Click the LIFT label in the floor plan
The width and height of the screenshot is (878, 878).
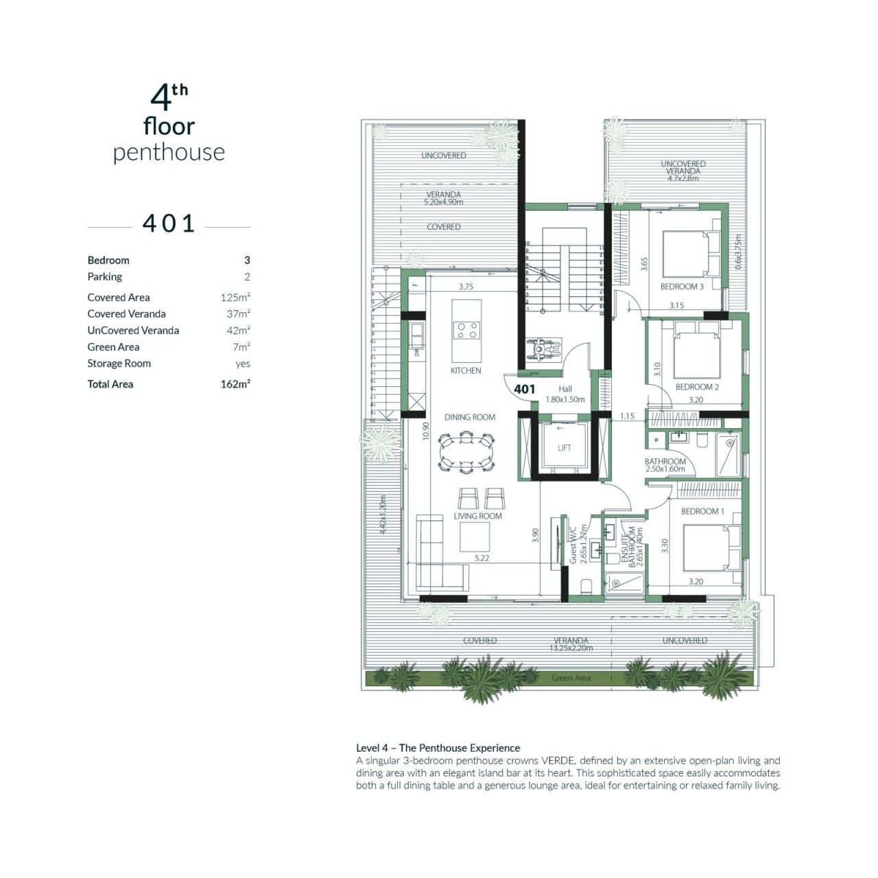pyautogui.click(x=564, y=448)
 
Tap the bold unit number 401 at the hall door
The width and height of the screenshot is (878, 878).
pyautogui.click(x=525, y=389)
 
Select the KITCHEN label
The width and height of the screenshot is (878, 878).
pyautogui.click(x=466, y=370)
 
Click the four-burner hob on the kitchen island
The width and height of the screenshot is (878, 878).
pyautogui.click(x=466, y=331)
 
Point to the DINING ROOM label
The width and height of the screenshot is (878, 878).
pyautogui.click(x=469, y=417)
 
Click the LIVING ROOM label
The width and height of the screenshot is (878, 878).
pyautogui.click(x=477, y=516)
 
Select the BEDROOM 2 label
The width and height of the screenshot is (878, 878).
pyautogui.click(x=697, y=387)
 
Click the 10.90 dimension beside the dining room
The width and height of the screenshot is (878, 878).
pyautogui.click(x=426, y=431)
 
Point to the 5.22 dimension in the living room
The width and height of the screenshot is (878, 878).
pyautogui.click(x=482, y=558)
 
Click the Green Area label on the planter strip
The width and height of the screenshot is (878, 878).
pyautogui.click(x=571, y=678)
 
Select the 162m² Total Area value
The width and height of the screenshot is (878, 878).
pyautogui.click(x=235, y=384)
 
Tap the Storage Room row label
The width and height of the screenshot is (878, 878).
pyautogui.click(x=119, y=364)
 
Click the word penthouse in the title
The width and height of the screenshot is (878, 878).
pyautogui.click(x=169, y=152)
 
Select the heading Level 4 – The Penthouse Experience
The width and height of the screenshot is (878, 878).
pyautogui.click(x=438, y=748)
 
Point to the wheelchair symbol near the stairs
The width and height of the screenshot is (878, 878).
pyautogui.click(x=544, y=349)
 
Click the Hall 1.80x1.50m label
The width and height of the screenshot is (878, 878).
pyautogui.click(x=565, y=394)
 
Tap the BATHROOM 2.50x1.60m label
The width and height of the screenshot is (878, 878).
pyautogui.click(x=665, y=465)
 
